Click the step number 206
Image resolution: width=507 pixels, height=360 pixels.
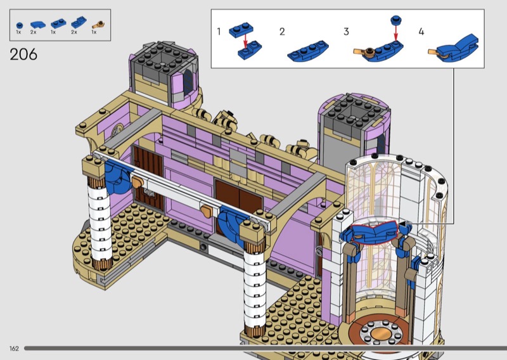pos(23,55)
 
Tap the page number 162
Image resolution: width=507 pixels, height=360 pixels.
pos(14,349)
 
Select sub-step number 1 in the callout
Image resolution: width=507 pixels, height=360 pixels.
pos(219,32)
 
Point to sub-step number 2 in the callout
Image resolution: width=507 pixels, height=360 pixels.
pos(282,32)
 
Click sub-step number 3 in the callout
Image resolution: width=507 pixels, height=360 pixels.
pos(346,32)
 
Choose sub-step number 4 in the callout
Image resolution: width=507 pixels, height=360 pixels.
pos(421,32)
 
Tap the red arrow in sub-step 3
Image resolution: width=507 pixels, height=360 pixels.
pos(395,34)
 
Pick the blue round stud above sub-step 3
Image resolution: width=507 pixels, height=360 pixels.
pos(395,20)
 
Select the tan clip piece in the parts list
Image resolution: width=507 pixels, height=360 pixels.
pos(98,25)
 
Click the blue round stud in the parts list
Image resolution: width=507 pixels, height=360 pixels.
pos(20,25)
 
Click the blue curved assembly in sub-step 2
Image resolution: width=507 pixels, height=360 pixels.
pos(308,51)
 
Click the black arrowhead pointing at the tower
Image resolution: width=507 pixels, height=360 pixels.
pos(401,223)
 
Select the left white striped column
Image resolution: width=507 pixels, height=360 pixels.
pos(99,223)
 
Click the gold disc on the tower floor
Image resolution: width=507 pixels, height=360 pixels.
pos(380,333)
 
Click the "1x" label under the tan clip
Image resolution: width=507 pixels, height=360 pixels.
pos(94,32)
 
